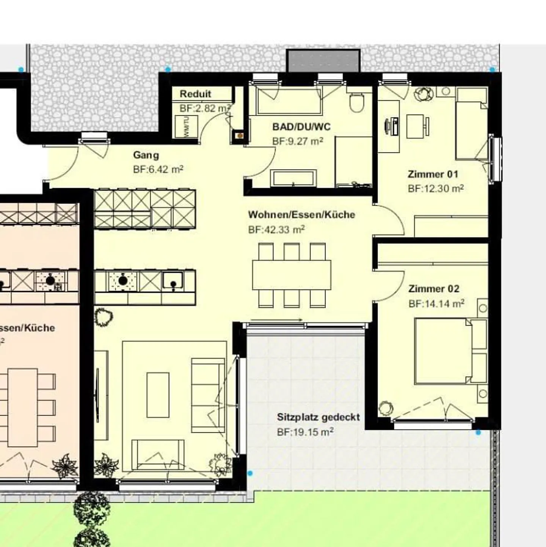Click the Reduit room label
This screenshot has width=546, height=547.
click(x=195, y=94)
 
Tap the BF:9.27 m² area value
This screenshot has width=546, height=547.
click(x=298, y=141)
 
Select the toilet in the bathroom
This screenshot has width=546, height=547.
click(x=357, y=102)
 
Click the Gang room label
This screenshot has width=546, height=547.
click(x=146, y=155)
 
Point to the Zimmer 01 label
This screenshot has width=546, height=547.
click(x=433, y=174)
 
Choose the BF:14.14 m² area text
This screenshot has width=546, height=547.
click(x=436, y=304)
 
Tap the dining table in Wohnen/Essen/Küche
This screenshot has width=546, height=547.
click(x=291, y=275)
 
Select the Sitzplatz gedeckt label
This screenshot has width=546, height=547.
click(x=318, y=417)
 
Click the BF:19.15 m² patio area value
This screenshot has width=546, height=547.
click(x=305, y=432)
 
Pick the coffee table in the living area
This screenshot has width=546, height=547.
click(x=158, y=395)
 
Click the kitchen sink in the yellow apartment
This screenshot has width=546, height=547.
click(x=173, y=281)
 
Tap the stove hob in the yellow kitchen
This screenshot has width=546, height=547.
click(x=122, y=281)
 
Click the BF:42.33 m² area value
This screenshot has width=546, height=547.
click(x=276, y=230)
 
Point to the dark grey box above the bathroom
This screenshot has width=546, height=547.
click(x=323, y=61)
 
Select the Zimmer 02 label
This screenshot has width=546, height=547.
click(x=434, y=289)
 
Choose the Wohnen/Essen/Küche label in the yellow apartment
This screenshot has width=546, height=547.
click(x=301, y=215)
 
